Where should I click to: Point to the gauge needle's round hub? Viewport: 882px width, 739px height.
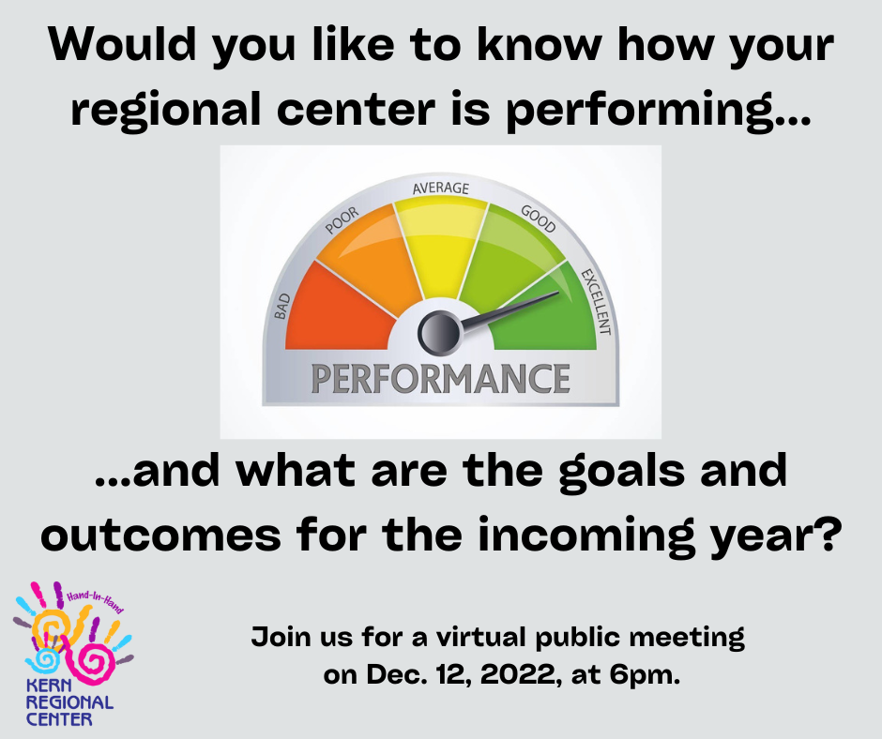(439, 333)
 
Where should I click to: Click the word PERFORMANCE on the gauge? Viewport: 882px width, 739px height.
(440, 379)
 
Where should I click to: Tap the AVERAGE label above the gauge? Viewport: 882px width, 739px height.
(440, 188)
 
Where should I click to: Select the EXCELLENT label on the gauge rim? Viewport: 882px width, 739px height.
(596, 302)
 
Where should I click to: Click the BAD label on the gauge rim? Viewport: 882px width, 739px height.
(281, 306)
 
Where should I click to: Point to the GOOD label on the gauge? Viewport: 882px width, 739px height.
(539, 219)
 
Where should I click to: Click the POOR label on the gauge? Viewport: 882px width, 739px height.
(342, 219)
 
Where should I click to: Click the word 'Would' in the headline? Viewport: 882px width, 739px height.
(122, 44)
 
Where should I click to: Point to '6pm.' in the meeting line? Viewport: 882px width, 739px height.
(645, 675)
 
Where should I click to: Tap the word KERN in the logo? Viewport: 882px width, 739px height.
(49, 685)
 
